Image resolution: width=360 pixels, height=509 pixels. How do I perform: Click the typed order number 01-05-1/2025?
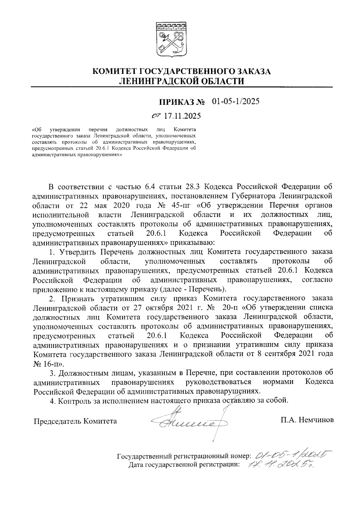235,101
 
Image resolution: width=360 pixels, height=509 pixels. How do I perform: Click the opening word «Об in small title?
36,130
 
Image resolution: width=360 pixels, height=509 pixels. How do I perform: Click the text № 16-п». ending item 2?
48,363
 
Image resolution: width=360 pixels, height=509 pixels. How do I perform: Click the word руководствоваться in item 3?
218,382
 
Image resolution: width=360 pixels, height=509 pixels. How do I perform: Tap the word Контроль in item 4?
73,401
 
